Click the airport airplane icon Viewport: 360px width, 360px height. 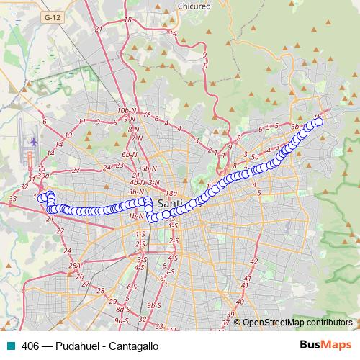pos(33,141)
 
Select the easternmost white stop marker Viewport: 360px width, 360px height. pos(318,122)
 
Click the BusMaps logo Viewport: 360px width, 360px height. pos(325,345)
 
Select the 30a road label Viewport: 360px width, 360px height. pos(43,175)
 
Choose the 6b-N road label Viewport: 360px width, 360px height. pos(129,155)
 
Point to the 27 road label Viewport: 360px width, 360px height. pos(76,171)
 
